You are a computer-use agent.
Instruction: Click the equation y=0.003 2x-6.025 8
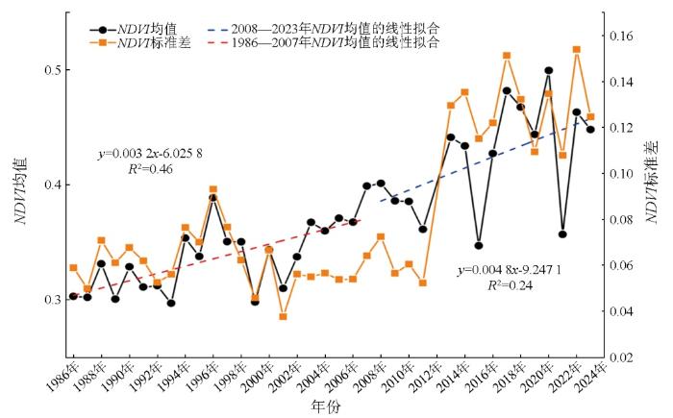(149, 154)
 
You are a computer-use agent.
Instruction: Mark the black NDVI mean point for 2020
(548, 70)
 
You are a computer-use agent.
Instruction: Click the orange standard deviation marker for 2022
(577, 49)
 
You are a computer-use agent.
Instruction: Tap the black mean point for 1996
(212, 198)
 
